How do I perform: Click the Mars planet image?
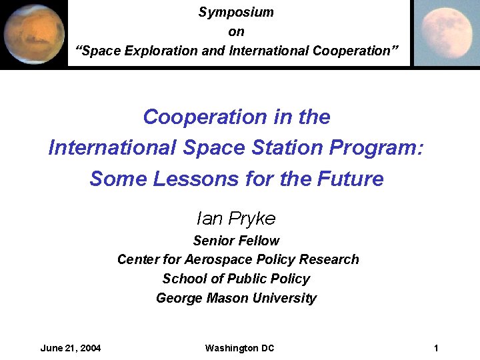(33, 33)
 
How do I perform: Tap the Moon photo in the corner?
(447, 33)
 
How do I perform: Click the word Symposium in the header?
(236, 12)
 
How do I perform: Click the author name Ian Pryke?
(236, 218)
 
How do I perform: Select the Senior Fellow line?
(236, 240)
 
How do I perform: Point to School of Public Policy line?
(236, 279)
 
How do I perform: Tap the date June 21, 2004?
(71, 348)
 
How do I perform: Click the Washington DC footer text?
(239, 348)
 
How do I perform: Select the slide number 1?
(435, 348)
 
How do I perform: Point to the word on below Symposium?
(236, 31)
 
